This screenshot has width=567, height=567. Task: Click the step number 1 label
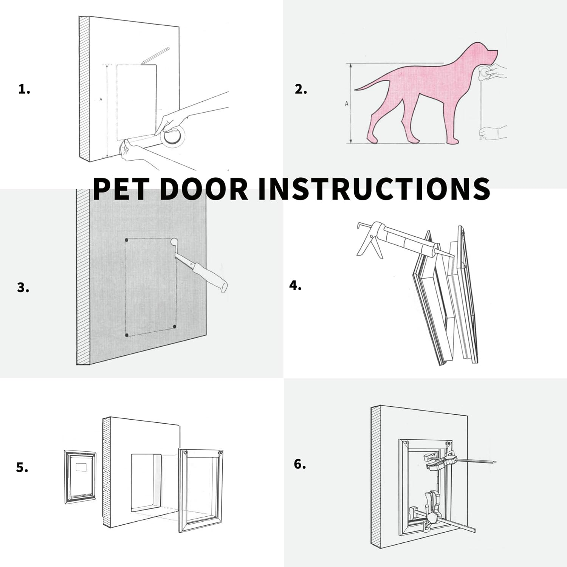pos(24,90)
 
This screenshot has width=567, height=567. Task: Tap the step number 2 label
pos(301,90)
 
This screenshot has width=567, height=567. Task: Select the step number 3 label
pos(23,288)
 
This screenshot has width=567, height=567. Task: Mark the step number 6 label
pos(300,464)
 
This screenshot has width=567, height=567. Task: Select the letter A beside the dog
pos(347,104)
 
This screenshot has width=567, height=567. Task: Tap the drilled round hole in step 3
pos(174,242)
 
